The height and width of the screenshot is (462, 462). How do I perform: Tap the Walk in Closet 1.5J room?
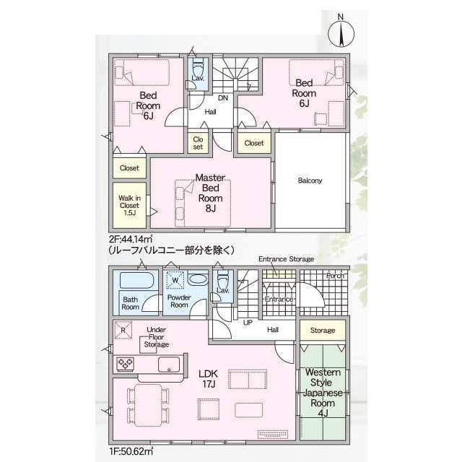130,205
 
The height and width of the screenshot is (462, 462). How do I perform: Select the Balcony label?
310,180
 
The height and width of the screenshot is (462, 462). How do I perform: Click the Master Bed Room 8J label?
210,193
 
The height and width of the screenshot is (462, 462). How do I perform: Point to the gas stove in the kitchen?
125,364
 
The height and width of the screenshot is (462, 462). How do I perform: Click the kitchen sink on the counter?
169,365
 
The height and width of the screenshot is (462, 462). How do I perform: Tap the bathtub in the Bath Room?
136,280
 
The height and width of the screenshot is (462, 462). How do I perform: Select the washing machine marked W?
175,280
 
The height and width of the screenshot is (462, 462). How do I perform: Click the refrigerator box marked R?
123,330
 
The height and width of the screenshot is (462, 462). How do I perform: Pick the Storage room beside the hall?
323,331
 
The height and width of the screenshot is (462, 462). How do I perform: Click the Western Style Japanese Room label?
323,393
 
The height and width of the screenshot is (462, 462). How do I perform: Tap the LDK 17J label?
208,378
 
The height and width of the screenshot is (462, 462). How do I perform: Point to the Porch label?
335,276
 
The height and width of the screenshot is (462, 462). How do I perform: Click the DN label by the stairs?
223,98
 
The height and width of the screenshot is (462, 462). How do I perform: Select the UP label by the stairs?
248,323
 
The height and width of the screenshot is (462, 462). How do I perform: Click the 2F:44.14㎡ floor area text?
131,239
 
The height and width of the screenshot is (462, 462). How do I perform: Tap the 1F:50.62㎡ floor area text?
131,451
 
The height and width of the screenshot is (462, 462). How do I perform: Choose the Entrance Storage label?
286,259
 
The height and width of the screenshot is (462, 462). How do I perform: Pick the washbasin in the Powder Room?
197,279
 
